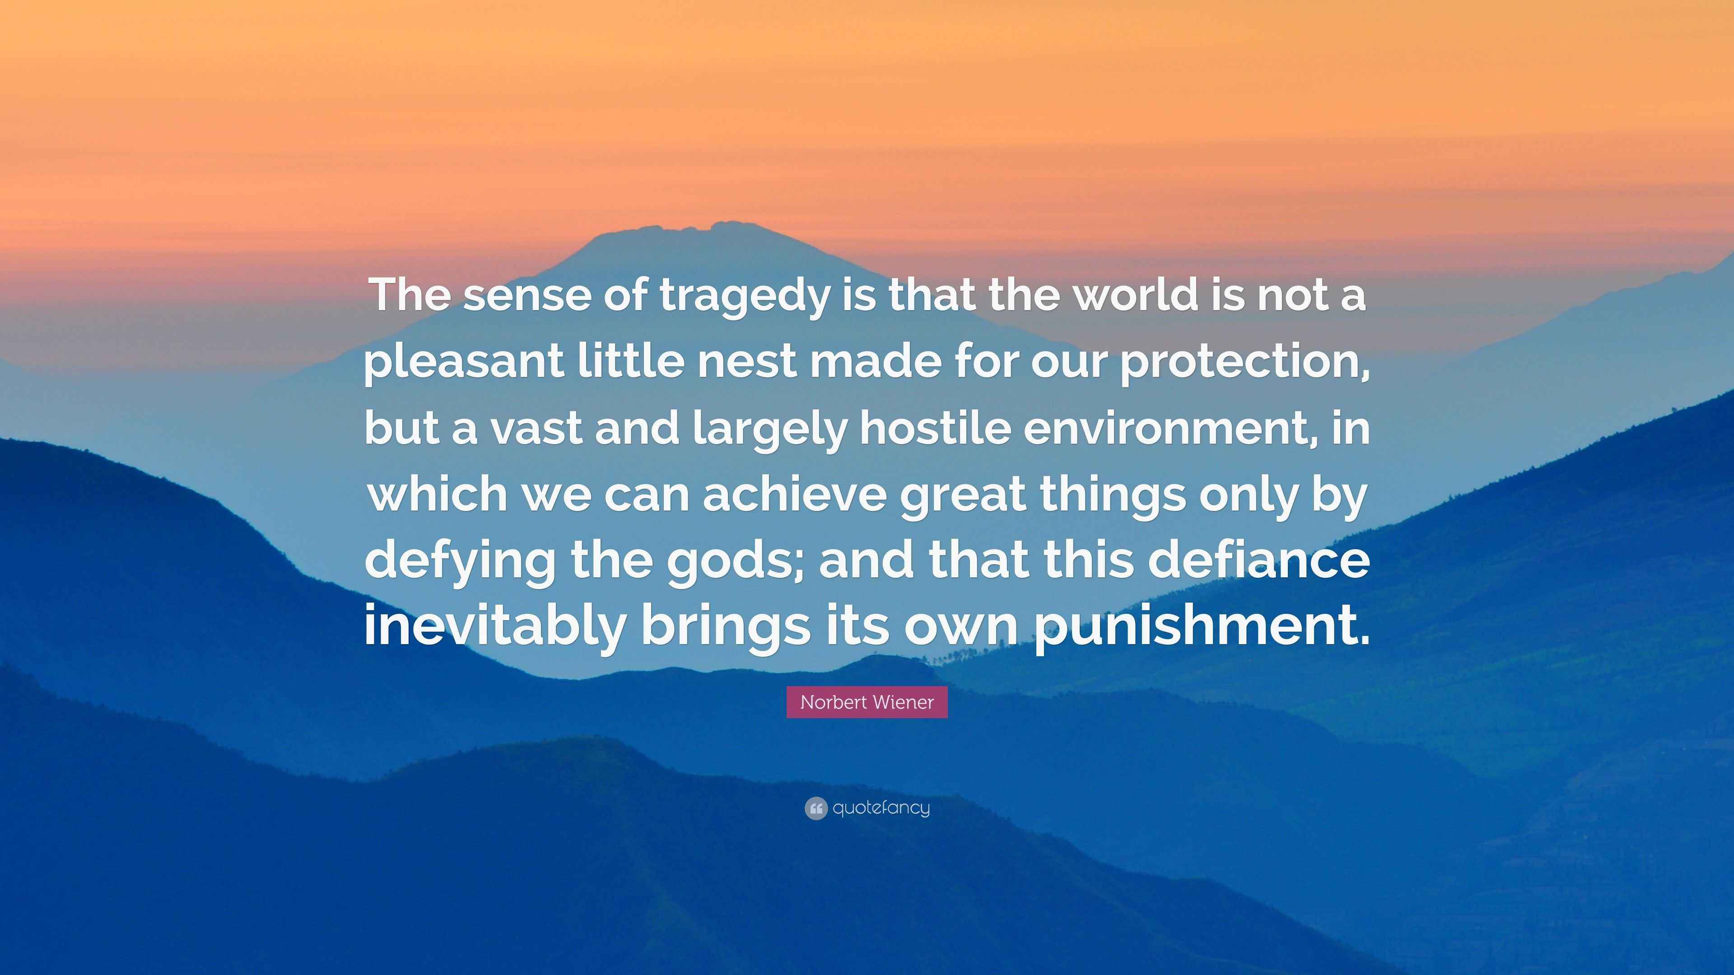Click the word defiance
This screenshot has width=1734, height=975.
(1258, 560)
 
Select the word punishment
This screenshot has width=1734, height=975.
(1202, 626)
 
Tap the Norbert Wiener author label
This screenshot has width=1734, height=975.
(867, 702)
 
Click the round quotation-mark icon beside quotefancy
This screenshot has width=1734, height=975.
(815, 808)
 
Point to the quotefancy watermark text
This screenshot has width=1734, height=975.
(881, 808)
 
